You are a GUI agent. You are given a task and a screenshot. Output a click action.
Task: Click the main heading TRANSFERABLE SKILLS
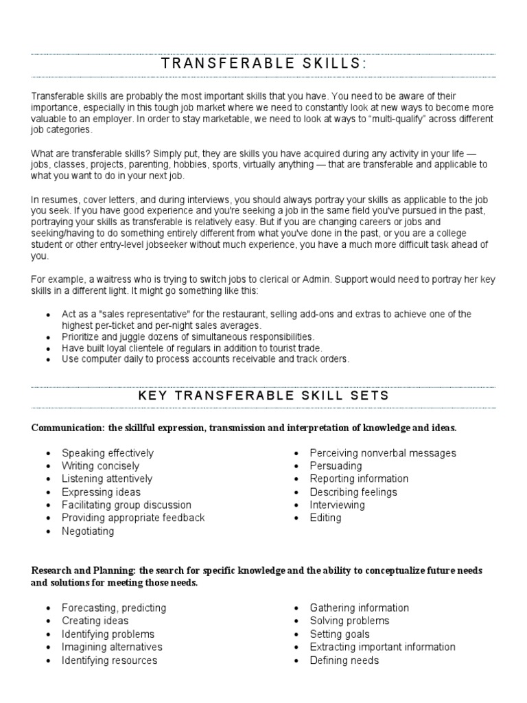click(263, 64)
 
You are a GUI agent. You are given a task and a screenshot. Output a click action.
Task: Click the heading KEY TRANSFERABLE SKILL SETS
click(263, 395)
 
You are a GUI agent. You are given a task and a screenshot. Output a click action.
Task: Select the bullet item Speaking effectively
click(108, 453)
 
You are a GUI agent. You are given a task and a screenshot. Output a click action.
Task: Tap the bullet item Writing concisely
click(100, 466)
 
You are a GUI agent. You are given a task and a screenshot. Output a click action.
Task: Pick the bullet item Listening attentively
click(107, 479)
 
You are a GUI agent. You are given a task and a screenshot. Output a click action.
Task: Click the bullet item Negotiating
click(88, 531)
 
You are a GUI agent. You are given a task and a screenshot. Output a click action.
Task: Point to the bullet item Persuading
click(336, 466)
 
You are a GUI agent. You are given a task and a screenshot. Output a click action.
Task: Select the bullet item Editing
click(325, 518)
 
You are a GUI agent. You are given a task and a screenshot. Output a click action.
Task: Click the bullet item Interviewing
click(337, 505)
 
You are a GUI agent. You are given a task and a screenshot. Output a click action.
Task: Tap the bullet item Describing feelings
click(353, 492)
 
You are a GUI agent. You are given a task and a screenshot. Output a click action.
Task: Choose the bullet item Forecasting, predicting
click(114, 608)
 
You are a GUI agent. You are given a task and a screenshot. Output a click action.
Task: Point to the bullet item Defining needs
click(344, 660)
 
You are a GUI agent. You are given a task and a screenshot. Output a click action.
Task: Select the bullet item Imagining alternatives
click(112, 647)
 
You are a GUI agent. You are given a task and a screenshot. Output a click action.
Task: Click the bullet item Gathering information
click(359, 608)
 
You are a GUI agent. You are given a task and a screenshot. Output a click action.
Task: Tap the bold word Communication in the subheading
click(66, 428)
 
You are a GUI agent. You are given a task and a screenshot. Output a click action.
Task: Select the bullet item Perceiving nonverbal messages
click(382, 453)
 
